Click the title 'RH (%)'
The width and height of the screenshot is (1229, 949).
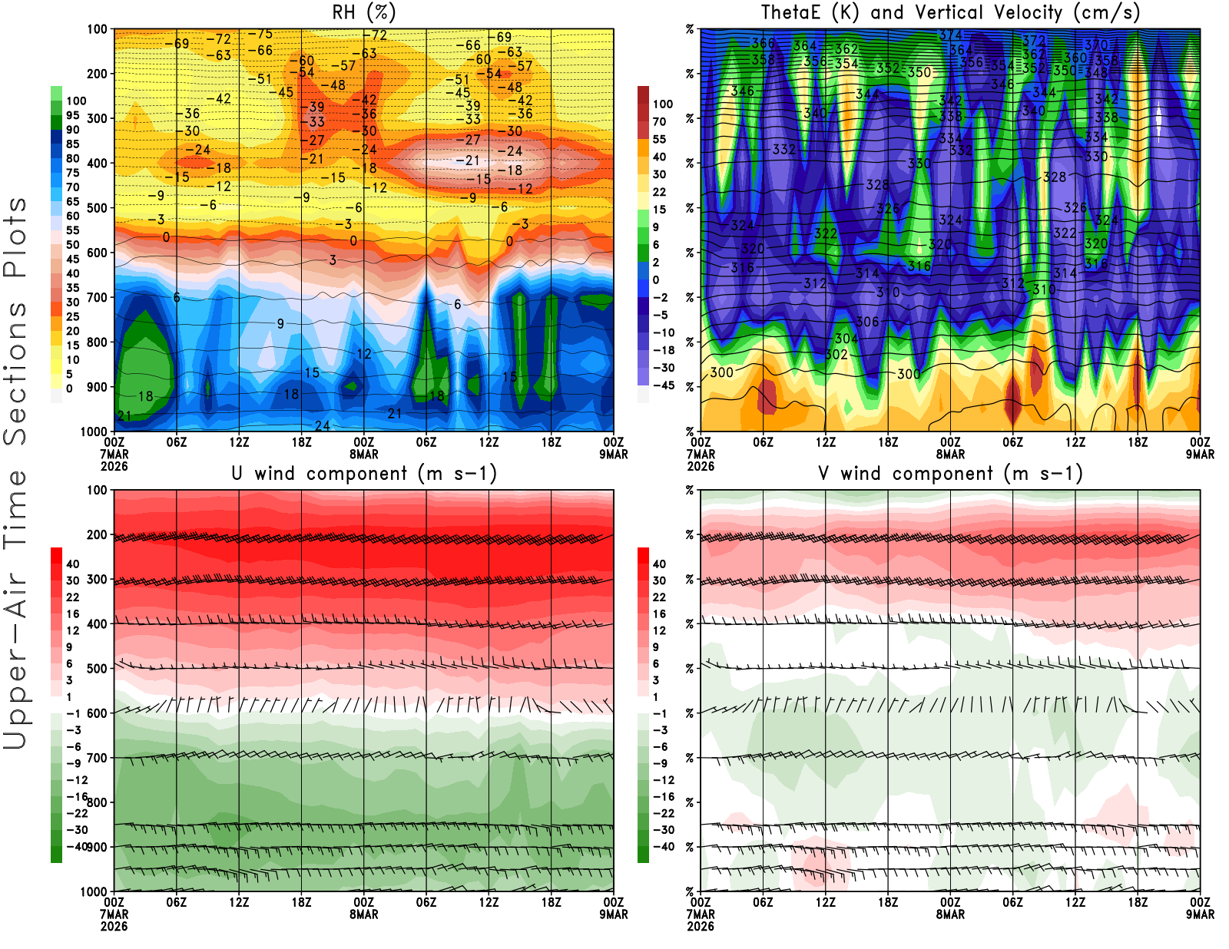click(x=363, y=12)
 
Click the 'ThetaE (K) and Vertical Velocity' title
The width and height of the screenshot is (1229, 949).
click(x=949, y=12)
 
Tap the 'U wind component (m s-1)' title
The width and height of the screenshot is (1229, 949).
click(x=364, y=473)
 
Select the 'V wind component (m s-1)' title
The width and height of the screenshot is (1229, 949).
click(x=950, y=473)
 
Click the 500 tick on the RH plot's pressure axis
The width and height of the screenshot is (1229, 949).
click(x=98, y=208)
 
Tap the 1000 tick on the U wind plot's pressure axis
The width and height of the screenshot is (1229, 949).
click(x=94, y=891)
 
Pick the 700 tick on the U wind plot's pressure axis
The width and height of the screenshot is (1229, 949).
click(x=98, y=758)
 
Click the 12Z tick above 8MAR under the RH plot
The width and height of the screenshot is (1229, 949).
click(x=489, y=442)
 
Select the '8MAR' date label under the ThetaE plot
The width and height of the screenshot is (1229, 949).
click(x=950, y=454)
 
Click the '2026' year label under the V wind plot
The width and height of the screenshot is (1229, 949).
click(x=701, y=926)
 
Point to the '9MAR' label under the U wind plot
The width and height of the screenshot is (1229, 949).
click(x=614, y=914)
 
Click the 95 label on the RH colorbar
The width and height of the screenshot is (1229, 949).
click(x=72, y=115)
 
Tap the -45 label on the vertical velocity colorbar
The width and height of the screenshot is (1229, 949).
click(x=663, y=385)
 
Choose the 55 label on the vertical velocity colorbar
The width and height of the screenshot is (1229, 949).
click(x=659, y=139)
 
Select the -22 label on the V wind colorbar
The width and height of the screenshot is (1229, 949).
click(x=663, y=813)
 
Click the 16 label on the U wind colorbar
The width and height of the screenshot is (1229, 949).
click(x=72, y=613)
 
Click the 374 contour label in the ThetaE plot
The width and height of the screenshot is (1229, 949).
click(x=950, y=35)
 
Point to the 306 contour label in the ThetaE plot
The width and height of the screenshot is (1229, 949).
click(x=867, y=322)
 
